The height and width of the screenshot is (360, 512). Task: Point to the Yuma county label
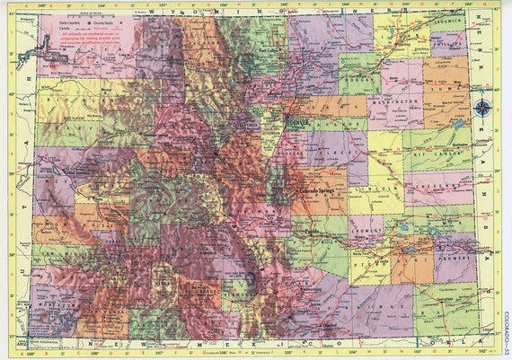[446, 90]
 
